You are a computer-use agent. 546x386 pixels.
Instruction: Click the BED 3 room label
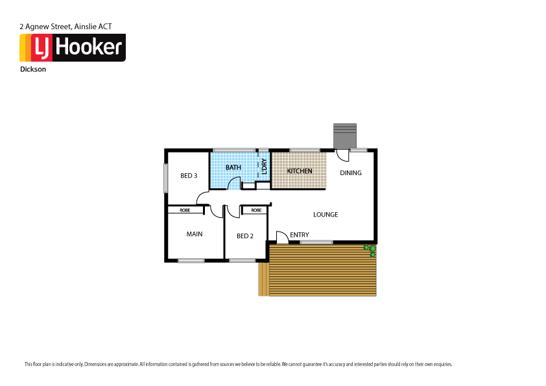(189, 176)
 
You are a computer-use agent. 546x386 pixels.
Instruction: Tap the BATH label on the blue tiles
(233, 167)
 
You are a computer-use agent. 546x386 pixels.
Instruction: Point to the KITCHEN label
(300, 171)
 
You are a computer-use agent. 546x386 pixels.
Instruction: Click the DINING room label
(351, 173)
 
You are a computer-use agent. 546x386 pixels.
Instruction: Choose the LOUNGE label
(326, 215)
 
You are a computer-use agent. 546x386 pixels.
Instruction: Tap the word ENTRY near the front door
(300, 235)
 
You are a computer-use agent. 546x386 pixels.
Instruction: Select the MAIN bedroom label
(195, 234)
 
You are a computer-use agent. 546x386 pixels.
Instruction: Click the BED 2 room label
(244, 236)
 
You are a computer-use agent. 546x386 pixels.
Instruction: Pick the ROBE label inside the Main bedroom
(185, 210)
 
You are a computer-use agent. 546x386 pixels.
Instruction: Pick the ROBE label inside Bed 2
(256, 210)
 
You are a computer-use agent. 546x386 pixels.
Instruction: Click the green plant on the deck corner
(370, 250)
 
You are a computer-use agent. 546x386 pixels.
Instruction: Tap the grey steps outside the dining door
(344, 136)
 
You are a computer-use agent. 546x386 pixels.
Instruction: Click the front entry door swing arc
(282, 237)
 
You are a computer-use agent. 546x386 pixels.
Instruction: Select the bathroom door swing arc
(233, 183)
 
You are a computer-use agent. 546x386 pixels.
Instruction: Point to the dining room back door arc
(342, 156)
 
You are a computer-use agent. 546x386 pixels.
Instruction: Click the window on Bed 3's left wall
(165, 177)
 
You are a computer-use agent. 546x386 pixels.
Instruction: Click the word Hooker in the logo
(90, 47)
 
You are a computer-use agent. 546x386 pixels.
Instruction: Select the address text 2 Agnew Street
(45, 27)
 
